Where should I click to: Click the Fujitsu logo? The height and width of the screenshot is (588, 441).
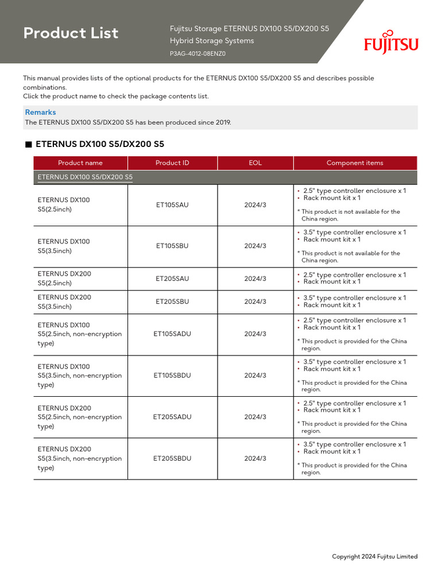tap(391, 42)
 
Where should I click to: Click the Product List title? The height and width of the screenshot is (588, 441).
tap(71, 33)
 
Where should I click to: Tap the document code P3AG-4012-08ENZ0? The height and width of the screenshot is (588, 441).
tap(198, 54)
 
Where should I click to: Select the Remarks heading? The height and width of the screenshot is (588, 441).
tap(40, 113)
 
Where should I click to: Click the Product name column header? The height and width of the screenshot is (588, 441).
tap(80, 163)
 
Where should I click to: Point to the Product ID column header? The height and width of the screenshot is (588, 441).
tap(172, 163)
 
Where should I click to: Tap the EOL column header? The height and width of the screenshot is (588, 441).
tap(255, 163)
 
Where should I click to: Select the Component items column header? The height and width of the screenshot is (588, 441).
tap(355, 163)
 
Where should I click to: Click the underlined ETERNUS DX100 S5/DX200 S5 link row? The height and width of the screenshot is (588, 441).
tap(85, 177)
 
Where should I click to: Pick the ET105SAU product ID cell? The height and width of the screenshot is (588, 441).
tap(172, 205)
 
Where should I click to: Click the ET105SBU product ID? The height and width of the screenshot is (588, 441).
tap(172, 246)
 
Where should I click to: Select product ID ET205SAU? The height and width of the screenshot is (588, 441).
tap(172, 278)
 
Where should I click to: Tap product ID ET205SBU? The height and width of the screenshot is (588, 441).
tap(172, 302)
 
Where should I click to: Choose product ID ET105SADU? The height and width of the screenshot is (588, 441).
tap(172, 334)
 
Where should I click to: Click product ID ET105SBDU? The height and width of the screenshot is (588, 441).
tap(172, 376)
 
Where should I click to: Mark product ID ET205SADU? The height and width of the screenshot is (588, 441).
tap(172, 417)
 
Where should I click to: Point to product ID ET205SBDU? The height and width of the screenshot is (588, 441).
tap(172, 459)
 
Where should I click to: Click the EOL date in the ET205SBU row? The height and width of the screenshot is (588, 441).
tap(255, 302)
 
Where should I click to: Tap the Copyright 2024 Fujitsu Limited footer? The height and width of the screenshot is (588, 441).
tap(374, 556)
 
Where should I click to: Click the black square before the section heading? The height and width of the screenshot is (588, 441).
tap(28, 145)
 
